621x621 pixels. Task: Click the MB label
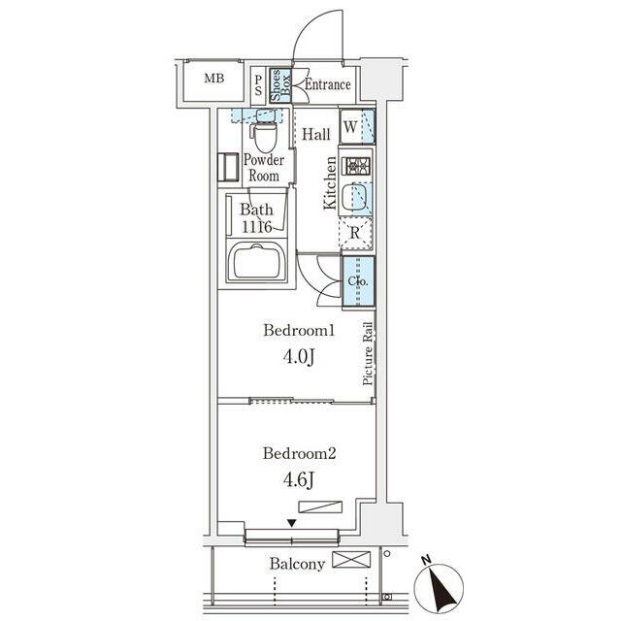click(213, 79)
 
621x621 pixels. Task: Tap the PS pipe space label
click(258, 85)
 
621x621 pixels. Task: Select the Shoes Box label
click(280, 85)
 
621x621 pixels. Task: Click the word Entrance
click(328, 84)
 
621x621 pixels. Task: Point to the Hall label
click(316, 134)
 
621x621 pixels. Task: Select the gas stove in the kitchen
click(358, 166)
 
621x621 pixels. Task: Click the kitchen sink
click(355, 198)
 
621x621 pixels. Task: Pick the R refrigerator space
click(355, 233)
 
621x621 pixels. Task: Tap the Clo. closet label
click(358, 281)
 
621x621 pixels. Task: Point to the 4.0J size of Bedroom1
click(299, 357)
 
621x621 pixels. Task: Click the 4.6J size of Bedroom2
click(299, 479)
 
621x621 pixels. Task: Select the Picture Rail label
click(368, 353)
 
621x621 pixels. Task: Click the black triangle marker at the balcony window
click(292, 523)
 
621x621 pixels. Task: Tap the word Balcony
click(297, 564)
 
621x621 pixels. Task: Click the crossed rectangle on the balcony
click(351, 560)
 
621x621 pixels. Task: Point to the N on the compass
click(426, 560)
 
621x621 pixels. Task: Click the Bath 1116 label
click(256, 217)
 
